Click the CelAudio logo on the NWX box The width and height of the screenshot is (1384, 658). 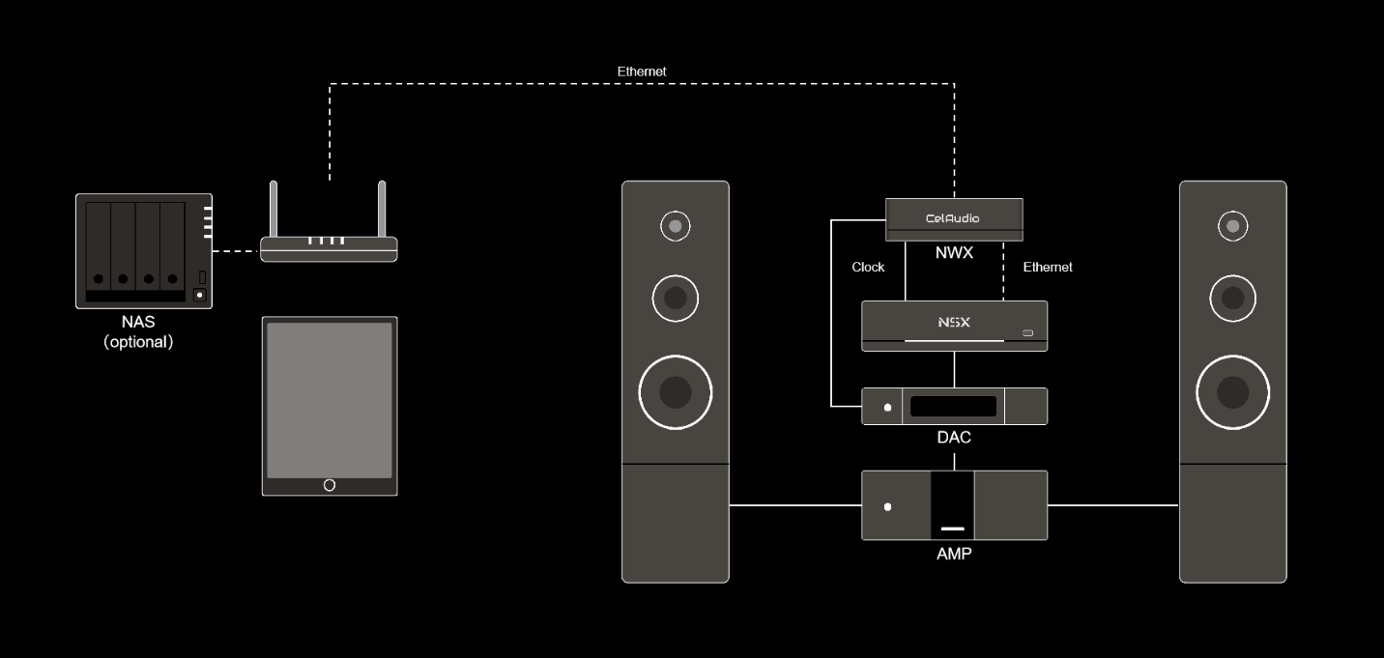(x=952, y=218)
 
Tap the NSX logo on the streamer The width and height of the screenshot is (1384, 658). (x=953, y=323)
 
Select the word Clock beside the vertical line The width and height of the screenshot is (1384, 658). (x=868, y=267)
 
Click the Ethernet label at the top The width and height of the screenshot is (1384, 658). (x=642, y=72)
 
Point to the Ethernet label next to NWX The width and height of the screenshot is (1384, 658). (x=1048, y=267)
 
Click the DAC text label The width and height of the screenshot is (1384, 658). (x=954, y=438)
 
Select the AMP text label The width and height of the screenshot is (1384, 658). (x=954, y=554)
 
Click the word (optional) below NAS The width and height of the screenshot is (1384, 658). (x=138, y=342)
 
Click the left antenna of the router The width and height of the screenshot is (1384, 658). (x=274, y=208)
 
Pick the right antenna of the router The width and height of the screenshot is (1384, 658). (x=382, y=208)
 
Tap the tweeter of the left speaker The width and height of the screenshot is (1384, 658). (x=676, y=226)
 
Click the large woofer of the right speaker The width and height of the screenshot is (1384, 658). (x=1232, y=392)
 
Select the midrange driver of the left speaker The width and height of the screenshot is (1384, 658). (x=676, y=299)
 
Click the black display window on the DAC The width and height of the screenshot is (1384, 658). (x=953, y=407)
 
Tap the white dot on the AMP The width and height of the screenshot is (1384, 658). (x=887, y=506)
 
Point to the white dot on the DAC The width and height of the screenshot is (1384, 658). (x=887, y=407)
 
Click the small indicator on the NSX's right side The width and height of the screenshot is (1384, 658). (x=1027, y=333)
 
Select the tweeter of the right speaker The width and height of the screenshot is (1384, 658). (x=1232, y=226)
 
